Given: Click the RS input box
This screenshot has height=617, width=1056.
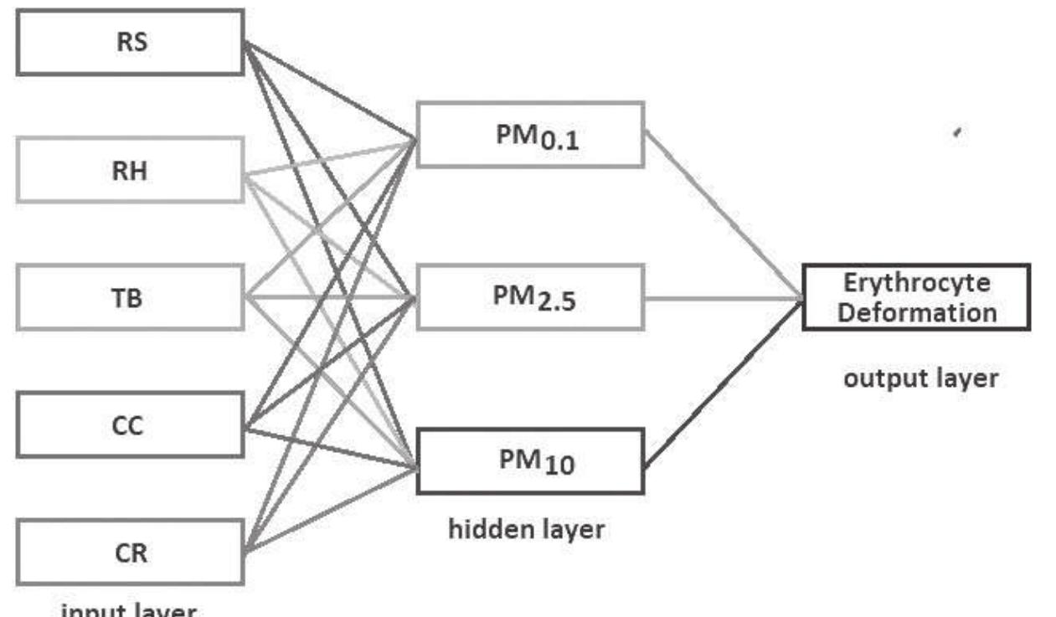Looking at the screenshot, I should tap(130, 43).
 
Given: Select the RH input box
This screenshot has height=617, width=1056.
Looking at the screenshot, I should tap(130, 170).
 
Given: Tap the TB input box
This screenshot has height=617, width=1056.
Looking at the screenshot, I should tap(130, 297).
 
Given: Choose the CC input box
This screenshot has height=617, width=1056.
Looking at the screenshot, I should tap(130, 425).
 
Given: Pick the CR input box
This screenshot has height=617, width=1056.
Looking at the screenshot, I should tap(130, 553).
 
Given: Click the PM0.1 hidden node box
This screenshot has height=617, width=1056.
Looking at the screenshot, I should tap(530, 135).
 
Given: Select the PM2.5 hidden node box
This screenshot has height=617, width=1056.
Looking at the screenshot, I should tap(530, 296).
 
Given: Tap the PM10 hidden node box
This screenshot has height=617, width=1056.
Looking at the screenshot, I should tap(530, 460).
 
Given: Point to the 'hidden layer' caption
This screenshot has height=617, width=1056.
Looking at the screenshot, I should tap(526, 529).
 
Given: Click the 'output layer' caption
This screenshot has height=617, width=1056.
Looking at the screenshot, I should tap(919, 378).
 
